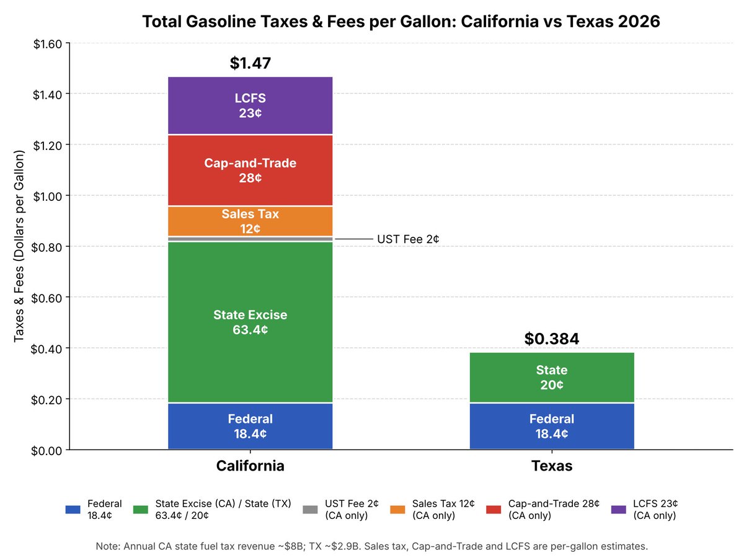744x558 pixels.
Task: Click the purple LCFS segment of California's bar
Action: coord(250,105)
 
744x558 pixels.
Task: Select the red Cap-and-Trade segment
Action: coord(250,170)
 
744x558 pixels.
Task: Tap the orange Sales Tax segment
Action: coord(250,221)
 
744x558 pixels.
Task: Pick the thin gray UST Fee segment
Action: coord(250,239)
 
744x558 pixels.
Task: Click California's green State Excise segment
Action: coord(250,322)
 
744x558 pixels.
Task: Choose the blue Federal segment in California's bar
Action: coord(250,426)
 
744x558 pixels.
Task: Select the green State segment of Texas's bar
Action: coord(551,378)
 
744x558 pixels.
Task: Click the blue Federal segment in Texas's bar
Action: coord(551,426)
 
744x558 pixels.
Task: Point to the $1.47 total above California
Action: coord(250,63)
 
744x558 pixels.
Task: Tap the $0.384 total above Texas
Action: coord(551,339)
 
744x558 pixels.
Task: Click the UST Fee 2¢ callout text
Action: coord(408,239)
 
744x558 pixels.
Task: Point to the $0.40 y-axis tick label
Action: coord(46,349)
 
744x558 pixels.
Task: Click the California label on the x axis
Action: coord(250,466)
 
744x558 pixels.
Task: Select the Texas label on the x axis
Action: coord(551,466)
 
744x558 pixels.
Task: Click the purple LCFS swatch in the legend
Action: coord(618,510)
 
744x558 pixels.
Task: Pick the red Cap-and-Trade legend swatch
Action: coord(493,510)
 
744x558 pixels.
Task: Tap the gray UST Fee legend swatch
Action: coord(310,510)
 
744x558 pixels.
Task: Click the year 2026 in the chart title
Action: coord(639,21)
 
